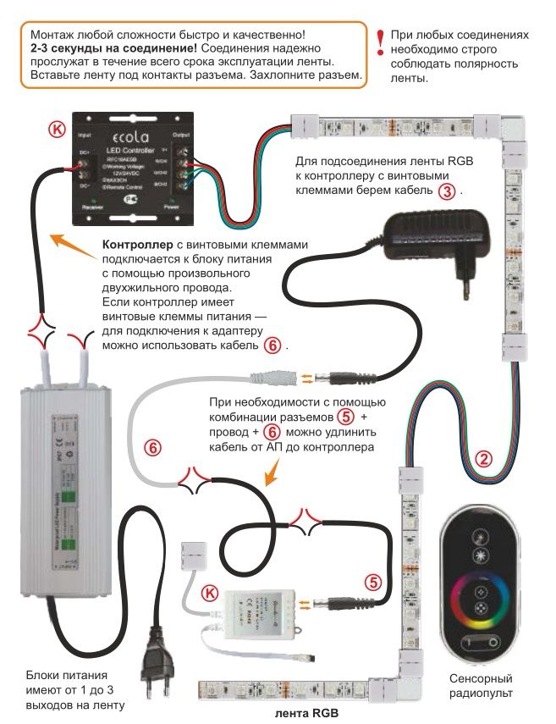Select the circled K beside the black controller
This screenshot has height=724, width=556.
(57, 130)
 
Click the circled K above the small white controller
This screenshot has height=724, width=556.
(211, 593)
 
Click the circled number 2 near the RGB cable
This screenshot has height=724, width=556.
(483, 460)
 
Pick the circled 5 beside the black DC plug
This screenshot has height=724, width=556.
(373, 582)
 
